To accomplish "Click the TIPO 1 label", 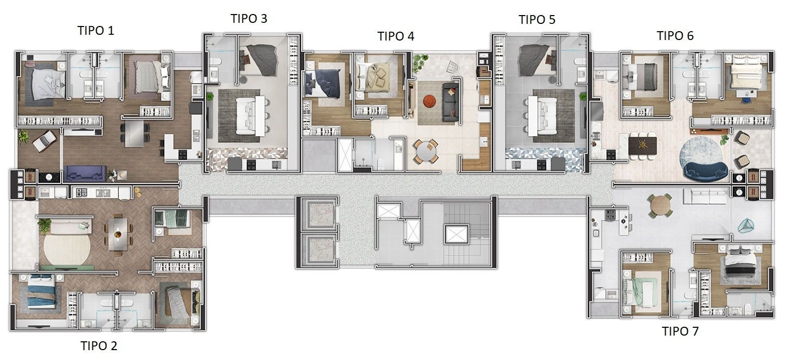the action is (x=96, y=31).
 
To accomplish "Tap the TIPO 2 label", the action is (x=99, y=345).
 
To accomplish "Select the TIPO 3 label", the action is (x=249, y=19).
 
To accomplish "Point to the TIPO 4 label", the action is (x=396, y=36).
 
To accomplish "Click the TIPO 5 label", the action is (x=537, y=20).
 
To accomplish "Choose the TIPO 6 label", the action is (x=675, y=35).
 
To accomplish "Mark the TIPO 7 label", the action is (x=680, y=331).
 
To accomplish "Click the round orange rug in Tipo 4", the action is (x=429, y=101).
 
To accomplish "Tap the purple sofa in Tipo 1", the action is (x=85, y=173).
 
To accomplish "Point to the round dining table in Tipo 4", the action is (x=426, y=151).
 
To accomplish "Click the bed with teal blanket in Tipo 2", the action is (x=42, y=291).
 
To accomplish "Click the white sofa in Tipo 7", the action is (x=704, y=196).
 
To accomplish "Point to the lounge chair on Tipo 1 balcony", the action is (x=45, y=141).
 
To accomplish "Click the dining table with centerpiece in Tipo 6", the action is (x=643, y=145).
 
